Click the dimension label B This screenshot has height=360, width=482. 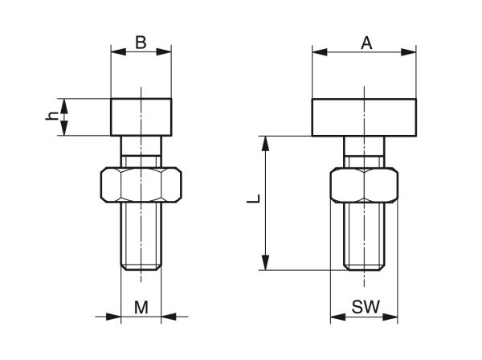click(x=141, y=42)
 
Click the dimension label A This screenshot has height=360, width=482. click(x=366, y=43)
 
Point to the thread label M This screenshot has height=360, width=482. click(x=141, y=306)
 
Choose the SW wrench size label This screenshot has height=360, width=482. click(x=366, y=306)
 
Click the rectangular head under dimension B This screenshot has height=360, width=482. click(x=141, y=117)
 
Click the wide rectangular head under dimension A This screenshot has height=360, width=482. click(x=365, y=117)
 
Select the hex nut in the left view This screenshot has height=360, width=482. click(x=141, y=185)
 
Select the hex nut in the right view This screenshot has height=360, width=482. click(x=365, y=185)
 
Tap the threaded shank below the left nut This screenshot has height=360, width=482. click(x=141, y=237)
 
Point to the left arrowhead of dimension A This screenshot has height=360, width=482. click(x=318, y=53)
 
